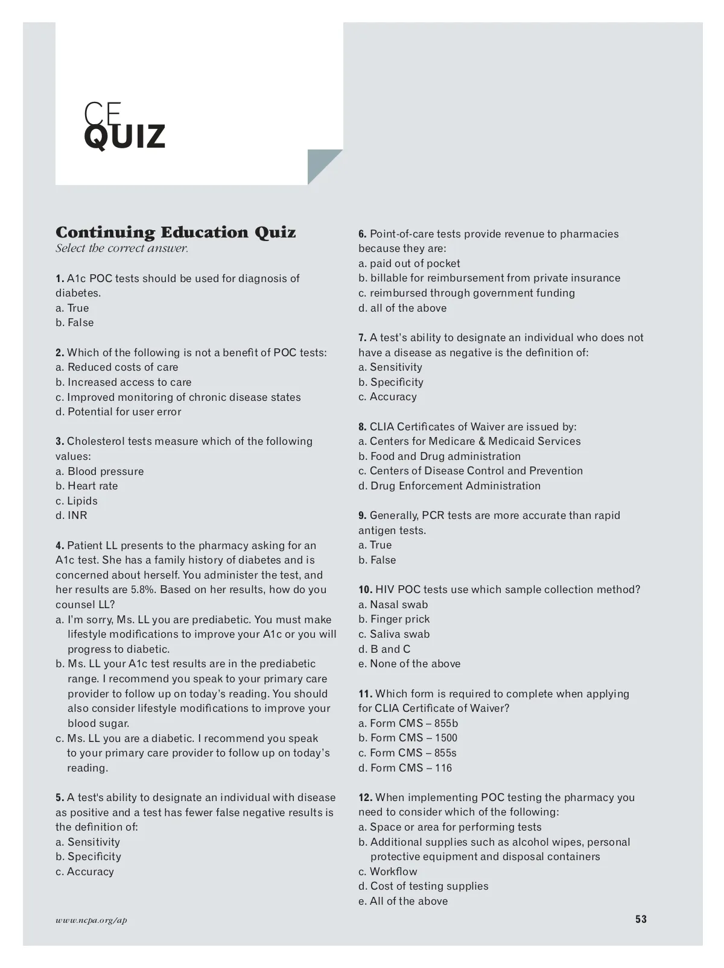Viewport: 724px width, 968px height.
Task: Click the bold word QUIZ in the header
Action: [x=124, y=137]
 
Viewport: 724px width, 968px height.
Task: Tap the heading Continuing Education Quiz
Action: [x=176, y=233]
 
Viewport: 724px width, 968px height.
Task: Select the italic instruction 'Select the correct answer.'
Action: [x=122, y=248]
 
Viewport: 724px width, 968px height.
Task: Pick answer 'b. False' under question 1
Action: [x=75, y=322]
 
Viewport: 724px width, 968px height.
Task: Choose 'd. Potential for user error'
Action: [x=118, y=412]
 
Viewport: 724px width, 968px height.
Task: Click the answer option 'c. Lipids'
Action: [x=77, y=501]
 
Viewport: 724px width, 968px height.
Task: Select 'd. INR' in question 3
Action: [x=72, y=515]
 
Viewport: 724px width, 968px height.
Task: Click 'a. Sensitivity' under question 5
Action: [x=87, y=842]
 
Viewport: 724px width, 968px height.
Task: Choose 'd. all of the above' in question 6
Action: [x=402, y=308]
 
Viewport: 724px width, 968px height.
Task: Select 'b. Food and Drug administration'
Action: [x=439, y=456]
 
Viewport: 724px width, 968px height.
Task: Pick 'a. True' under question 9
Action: [x=375, y=545]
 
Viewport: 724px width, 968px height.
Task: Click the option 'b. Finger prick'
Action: [x=394, y=619]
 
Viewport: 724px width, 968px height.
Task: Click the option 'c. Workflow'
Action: [x=387, y=872]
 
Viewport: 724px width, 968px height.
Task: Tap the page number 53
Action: [x=641, y=919]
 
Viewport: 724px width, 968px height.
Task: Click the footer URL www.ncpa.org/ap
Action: [x=91, y=920]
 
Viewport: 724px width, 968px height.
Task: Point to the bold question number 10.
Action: [x=365, y=589]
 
